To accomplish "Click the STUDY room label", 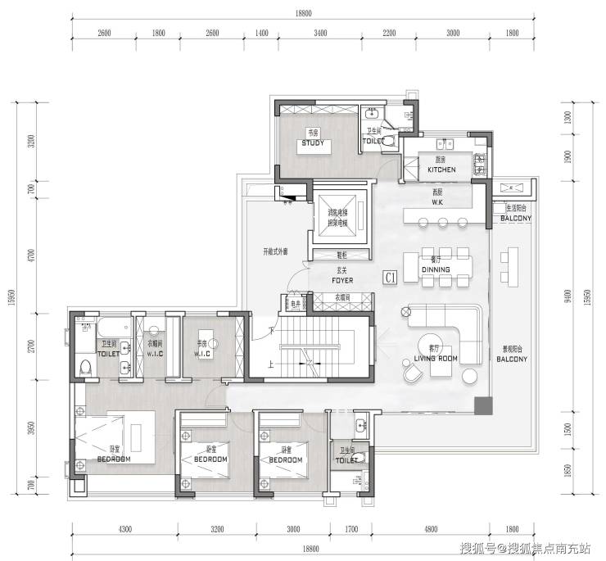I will coord(313,143).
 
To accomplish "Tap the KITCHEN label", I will coord(441,170).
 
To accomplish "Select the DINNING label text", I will coord(435,269).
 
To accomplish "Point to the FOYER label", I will coord(342,280).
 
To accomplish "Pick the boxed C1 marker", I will coord(391,278).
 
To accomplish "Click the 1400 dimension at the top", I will coord(262,33).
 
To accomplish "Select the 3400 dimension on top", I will coord(320,33).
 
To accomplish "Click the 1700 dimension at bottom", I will coord(350,531).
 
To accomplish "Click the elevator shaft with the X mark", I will coord(337,210).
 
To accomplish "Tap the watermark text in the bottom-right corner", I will coord(527,548).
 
